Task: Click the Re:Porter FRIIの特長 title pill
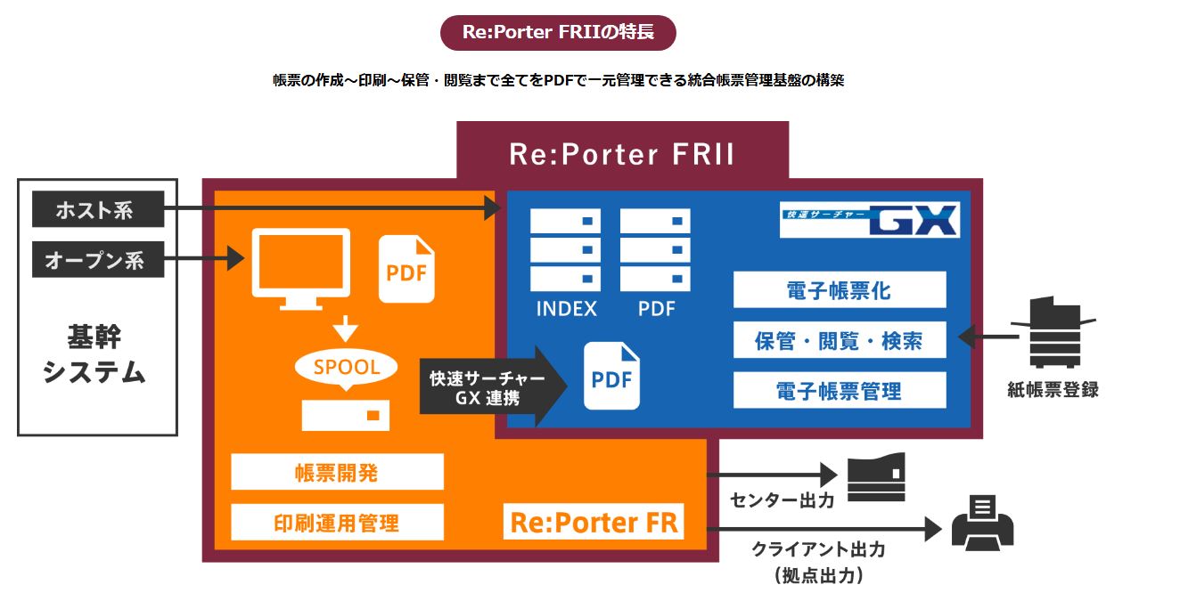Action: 558,33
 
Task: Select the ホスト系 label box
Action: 98,210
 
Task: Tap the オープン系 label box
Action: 98,260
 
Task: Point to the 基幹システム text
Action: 94,354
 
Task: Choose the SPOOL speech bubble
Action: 346,367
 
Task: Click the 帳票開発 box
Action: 337,472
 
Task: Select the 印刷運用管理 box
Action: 337,522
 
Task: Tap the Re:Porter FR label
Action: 594,523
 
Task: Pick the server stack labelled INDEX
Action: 565,250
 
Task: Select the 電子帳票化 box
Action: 839,290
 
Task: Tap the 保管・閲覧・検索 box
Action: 839,340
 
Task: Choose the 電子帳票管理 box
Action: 839,390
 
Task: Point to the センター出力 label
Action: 782,500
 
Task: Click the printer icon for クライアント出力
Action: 982,522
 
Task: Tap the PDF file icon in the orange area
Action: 407,270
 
